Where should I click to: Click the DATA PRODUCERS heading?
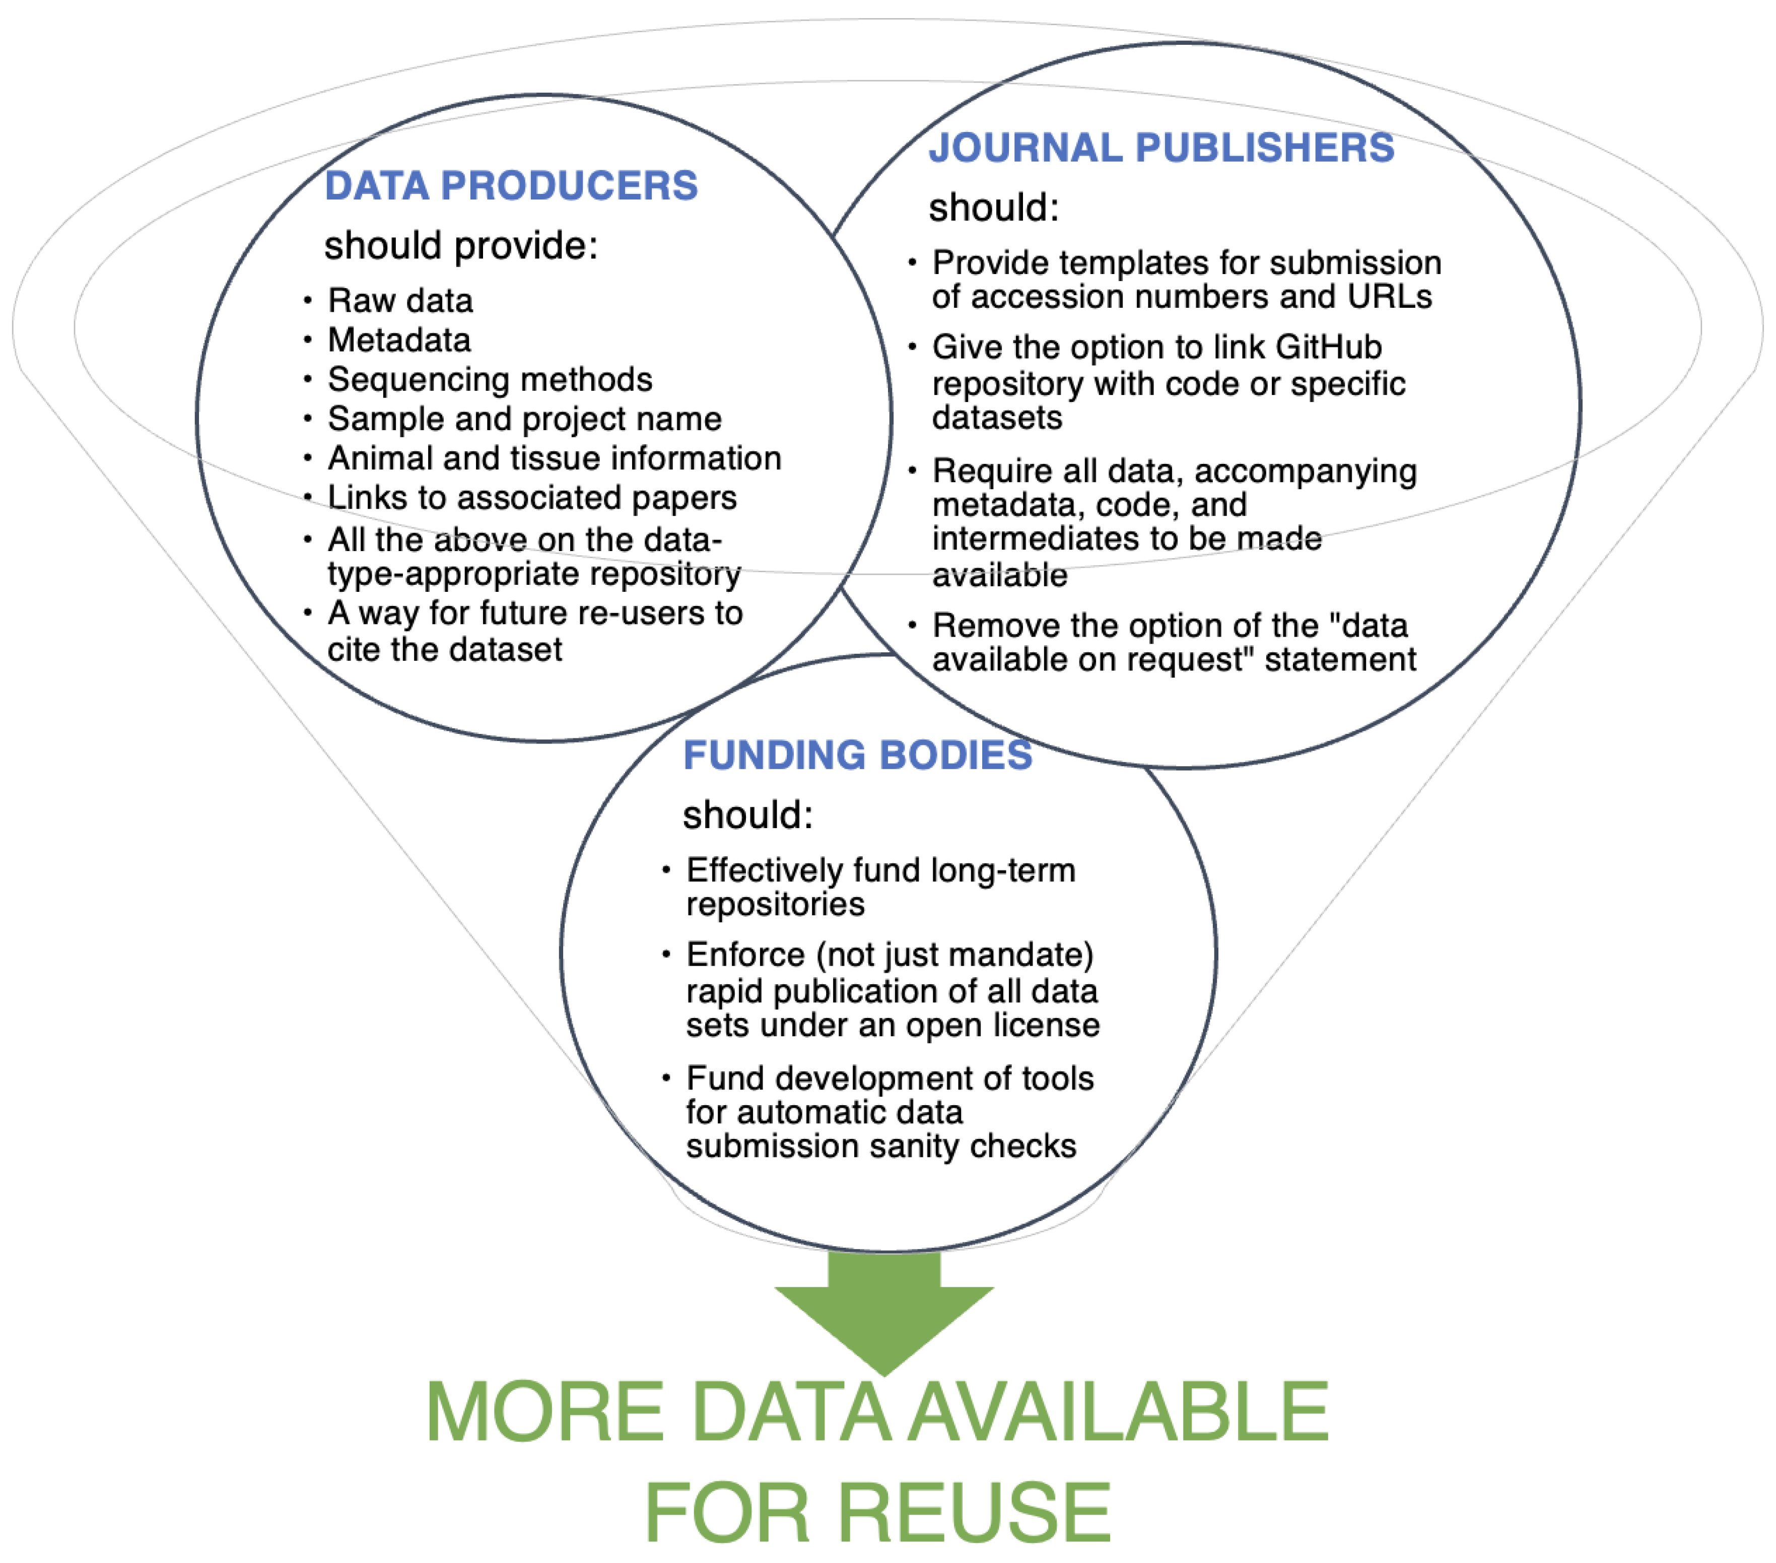511,186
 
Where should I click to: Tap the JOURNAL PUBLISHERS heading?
1161,148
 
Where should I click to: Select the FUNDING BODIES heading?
858,755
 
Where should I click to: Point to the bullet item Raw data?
400,301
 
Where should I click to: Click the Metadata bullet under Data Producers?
399,339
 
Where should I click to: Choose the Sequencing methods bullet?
489,380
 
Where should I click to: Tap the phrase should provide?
460,246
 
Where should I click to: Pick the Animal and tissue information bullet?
555,458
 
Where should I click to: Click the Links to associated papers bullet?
532,498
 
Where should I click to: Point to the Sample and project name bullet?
524,419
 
